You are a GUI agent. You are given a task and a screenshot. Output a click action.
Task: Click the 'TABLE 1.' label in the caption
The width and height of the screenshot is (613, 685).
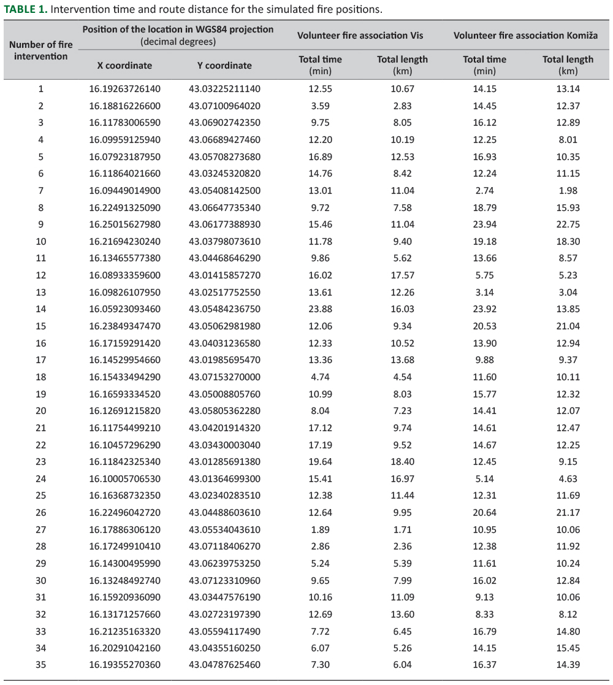point(25,10)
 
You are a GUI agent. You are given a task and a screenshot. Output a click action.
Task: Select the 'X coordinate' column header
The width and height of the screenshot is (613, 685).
point(124,66)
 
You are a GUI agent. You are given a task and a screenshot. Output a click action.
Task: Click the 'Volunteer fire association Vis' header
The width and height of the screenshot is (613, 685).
point(360,36)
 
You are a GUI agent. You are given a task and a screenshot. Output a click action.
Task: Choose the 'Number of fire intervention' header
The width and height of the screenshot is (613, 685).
point(40,50)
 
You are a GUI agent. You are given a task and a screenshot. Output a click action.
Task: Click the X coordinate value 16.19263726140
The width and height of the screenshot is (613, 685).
point(124,89)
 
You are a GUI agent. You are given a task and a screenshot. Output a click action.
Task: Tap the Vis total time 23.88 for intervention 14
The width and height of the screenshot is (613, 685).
point(319,309)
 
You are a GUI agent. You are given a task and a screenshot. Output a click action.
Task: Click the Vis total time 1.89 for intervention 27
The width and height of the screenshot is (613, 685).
point(319,529)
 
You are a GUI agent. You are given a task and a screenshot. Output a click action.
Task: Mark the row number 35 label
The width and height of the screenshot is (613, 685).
point(40,665)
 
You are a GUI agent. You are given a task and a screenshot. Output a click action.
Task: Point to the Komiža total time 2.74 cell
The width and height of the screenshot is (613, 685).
point(484,191)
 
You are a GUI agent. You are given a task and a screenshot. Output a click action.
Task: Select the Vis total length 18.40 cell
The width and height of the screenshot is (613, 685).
point(402,462)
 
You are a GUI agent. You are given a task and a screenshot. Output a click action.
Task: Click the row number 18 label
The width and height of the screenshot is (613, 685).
point(40,377)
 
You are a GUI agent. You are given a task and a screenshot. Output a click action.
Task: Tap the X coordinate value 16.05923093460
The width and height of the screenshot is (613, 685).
point(124,309)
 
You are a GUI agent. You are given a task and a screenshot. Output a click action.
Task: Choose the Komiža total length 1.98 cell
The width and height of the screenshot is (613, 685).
point(568,191)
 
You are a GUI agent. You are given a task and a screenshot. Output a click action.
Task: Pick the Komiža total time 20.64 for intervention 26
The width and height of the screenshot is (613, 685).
point(484,513)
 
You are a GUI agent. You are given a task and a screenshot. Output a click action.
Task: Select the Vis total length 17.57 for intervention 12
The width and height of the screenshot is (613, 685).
point(402,275)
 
